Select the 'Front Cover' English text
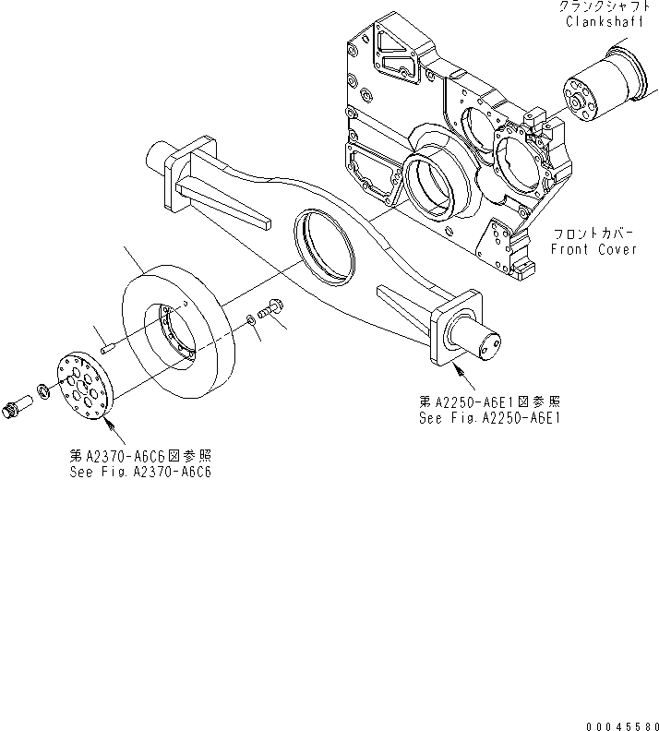coord(593,249)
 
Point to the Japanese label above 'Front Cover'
coord(593,234)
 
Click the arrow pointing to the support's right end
coord(466,380)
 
